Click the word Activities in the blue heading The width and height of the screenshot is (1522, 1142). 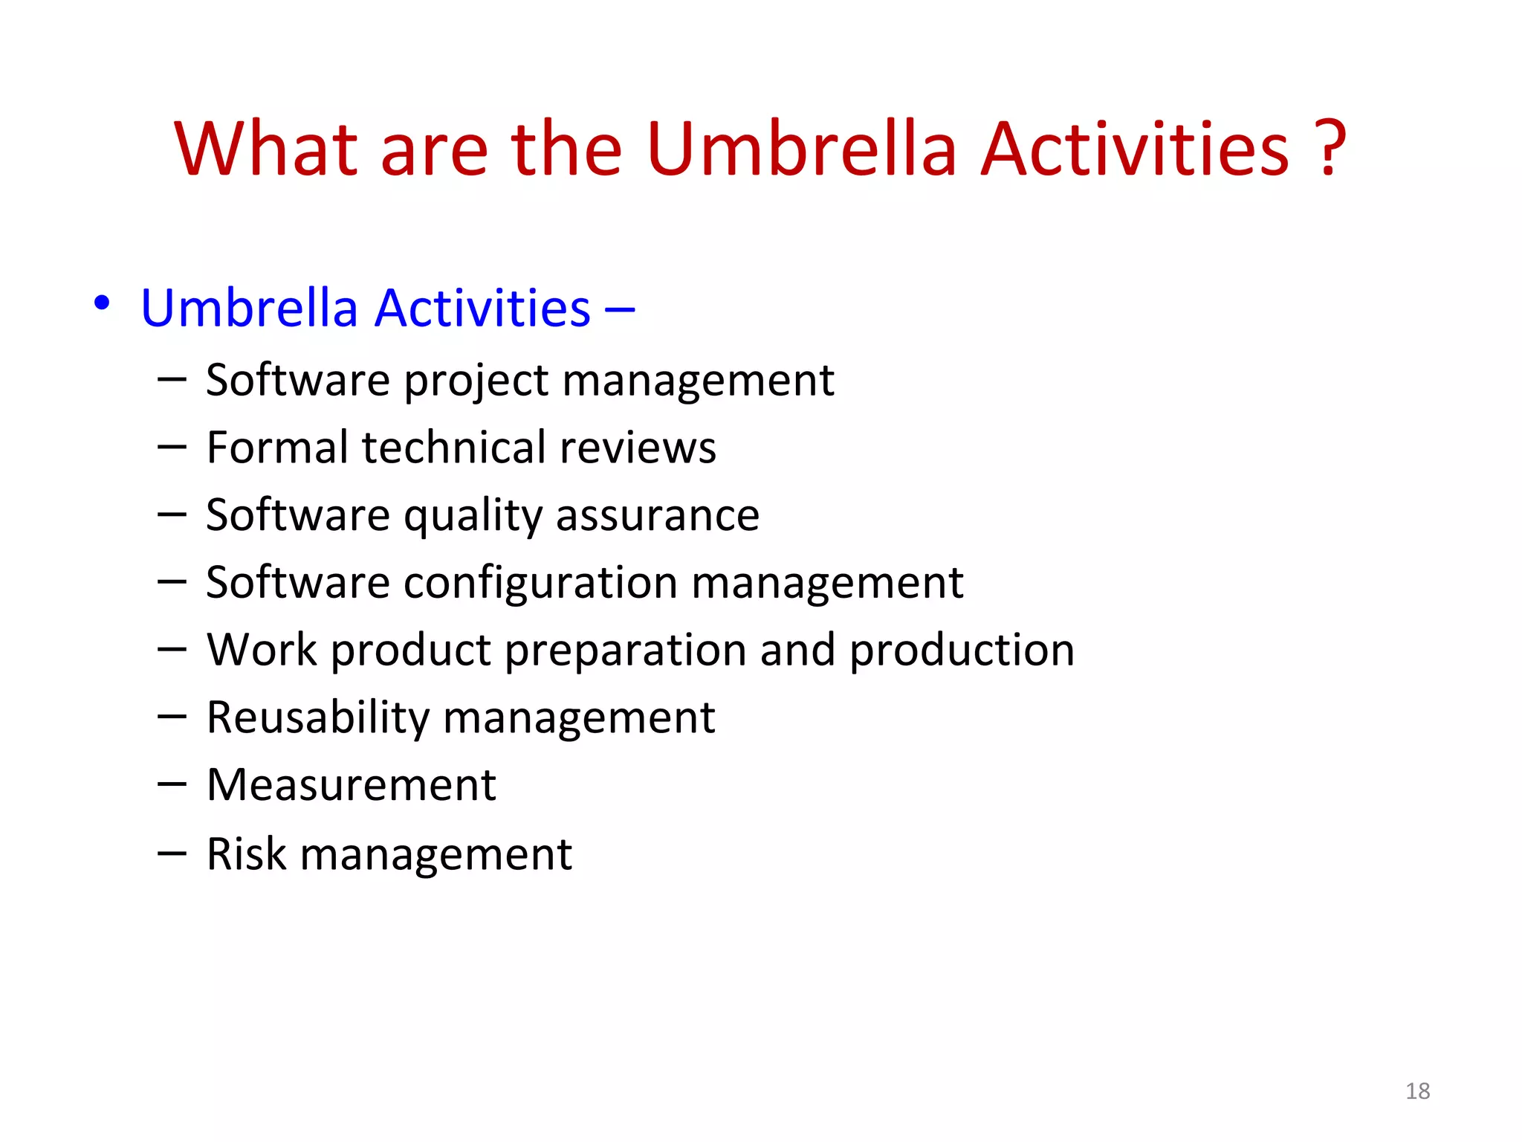(482, 308)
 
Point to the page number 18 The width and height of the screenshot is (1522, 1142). (1417, 1091)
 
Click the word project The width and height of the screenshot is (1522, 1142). (476, 382)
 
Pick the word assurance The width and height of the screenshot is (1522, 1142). (658, 515)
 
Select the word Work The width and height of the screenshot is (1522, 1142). (262, 650)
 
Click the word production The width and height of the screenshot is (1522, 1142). (962, 651)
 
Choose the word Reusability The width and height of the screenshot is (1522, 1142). (318, 718)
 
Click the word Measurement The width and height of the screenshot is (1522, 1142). (351, 785)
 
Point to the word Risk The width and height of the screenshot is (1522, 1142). (246, 854)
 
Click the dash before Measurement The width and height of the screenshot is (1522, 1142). (172, 784)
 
